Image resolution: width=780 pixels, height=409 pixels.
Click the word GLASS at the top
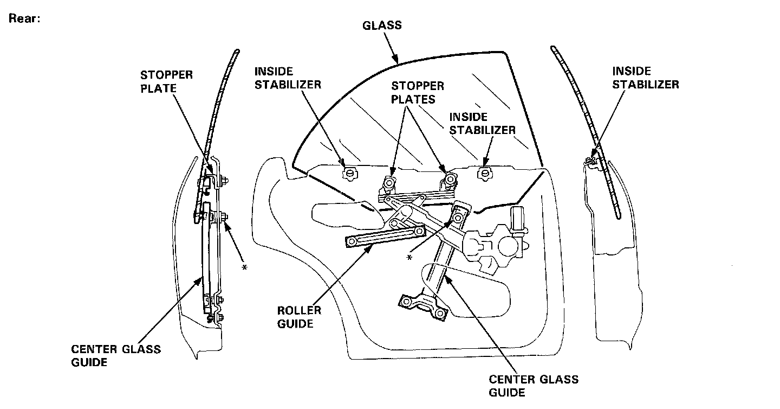(x=382, y=25)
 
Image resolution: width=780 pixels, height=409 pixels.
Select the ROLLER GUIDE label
(x=299, y=317)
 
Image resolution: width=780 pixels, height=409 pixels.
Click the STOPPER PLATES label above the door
(x=418, y=93)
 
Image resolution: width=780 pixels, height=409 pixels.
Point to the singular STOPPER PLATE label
(x=167, y=81)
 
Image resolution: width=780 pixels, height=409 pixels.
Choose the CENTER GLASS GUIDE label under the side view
(x=116, y=355)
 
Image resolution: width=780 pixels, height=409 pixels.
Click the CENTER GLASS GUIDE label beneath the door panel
(x=534, y=386)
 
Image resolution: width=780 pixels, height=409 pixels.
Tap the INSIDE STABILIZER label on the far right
(x=645, y=78)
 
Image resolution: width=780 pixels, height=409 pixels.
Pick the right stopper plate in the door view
(x=448, y=178)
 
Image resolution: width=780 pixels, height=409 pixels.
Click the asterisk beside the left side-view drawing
(x=244, y=269)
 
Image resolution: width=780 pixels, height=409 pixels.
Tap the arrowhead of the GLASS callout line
(x=396, y=61)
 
